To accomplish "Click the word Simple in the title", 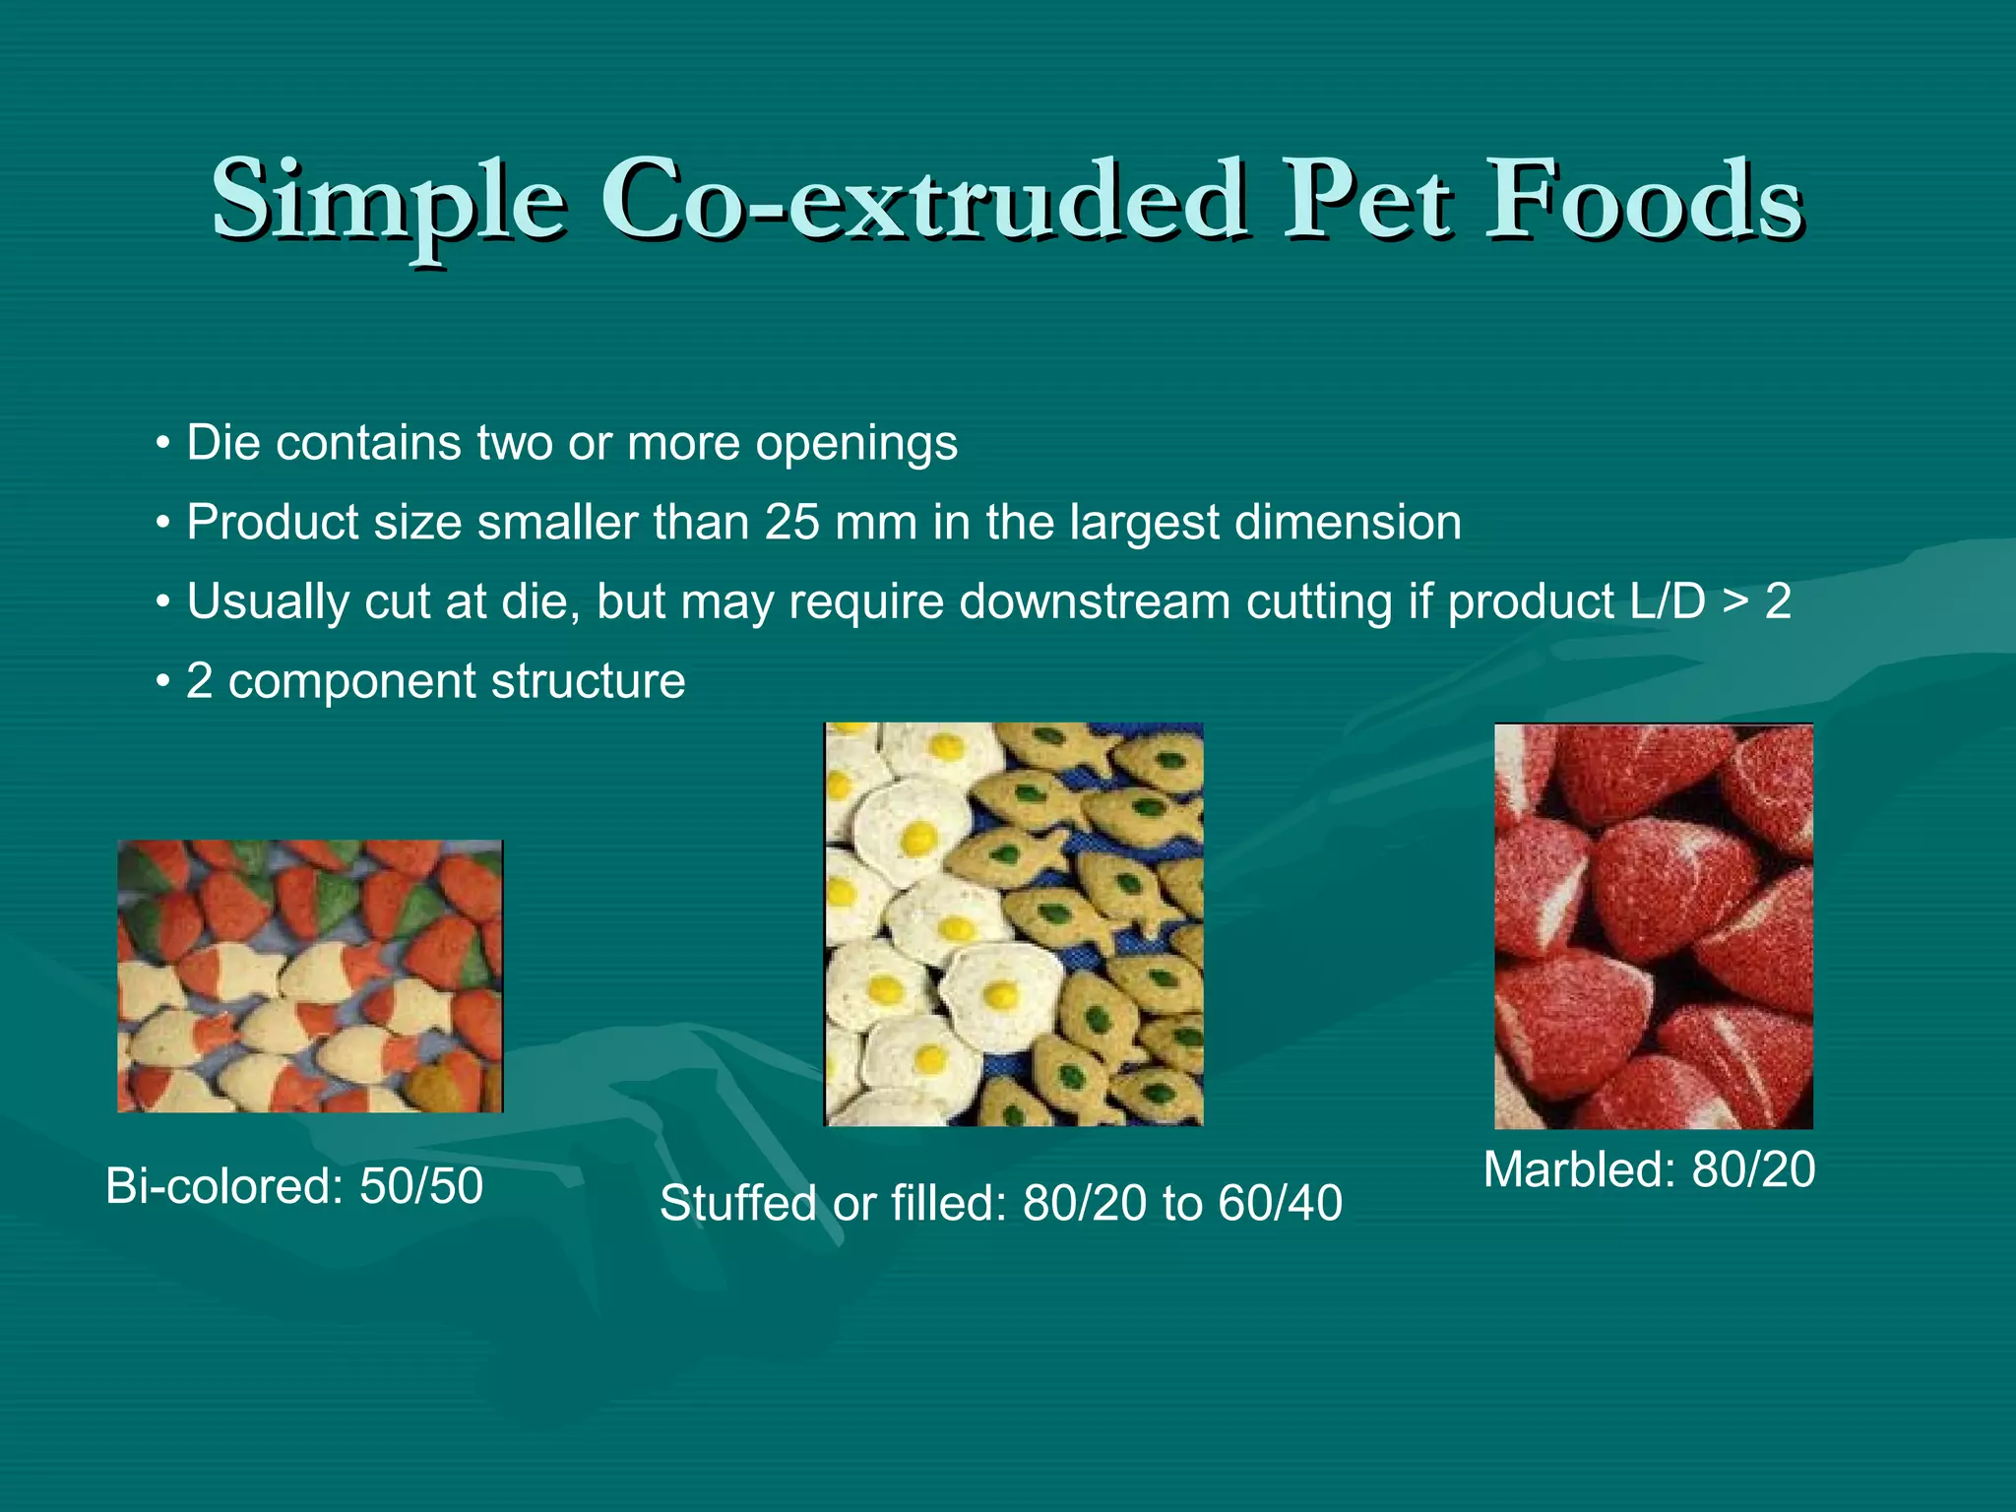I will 389,202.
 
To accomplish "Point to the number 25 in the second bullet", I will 792,522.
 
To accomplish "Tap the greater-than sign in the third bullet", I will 1737,603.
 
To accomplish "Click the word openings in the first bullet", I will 855,444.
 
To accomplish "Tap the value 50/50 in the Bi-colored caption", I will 421,1185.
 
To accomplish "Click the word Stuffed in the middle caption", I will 738,1203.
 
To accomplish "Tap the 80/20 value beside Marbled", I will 1753,1169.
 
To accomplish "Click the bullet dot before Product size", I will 163,524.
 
